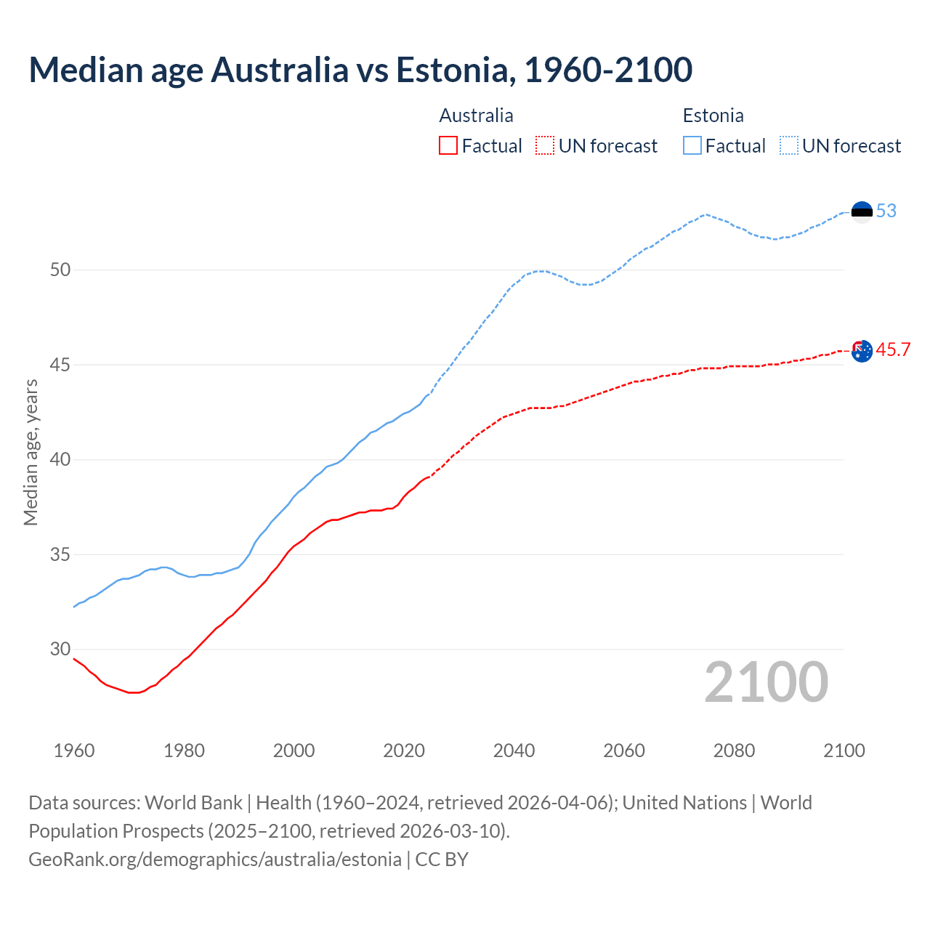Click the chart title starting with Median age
pyautogui.click(x=360, y=70)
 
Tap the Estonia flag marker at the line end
pyautogui.click(x=862, y=211)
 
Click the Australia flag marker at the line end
pyautogui.click(x=862, y=351)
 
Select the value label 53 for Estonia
pyautogui.click(x=886, y=211)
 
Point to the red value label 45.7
pyautogui.click(x=893, y=350)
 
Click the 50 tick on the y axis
pyautogui.click(x=60, y=270)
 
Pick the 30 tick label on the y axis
pyautogui.click(x=60, y=650)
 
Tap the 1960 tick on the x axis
pyautogui.click(x=74, y=751)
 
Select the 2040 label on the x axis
pyautogui.click(x=514, y=751)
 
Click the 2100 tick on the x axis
pyautogui.click(x=844, y=751)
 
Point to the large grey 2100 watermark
pyautogui.click(x=766, y=682)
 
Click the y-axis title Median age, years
pyautogui.click(x=31, y=452)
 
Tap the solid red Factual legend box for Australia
pyautogui.click(x=448, y=146)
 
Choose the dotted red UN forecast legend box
pyautogui.click(x=545, y=146)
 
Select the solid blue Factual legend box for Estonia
pyautogui.click(x=692, y=146)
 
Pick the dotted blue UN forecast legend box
pyautogui.click(x=789, y=146)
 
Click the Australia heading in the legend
pyautogui.click(x=476, y=116)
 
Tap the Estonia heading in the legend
pyautogui.click(x=713, y=116)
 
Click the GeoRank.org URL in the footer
pyautogui.click(x=215, y=860)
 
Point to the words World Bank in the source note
pyautogui.click(x=193, y=803)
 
